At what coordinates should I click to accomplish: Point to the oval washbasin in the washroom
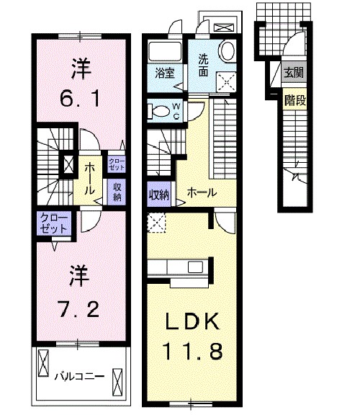pos(228,52)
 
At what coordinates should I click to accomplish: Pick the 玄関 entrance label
pos(293,72)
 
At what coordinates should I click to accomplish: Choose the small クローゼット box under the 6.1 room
pos(116,162)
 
